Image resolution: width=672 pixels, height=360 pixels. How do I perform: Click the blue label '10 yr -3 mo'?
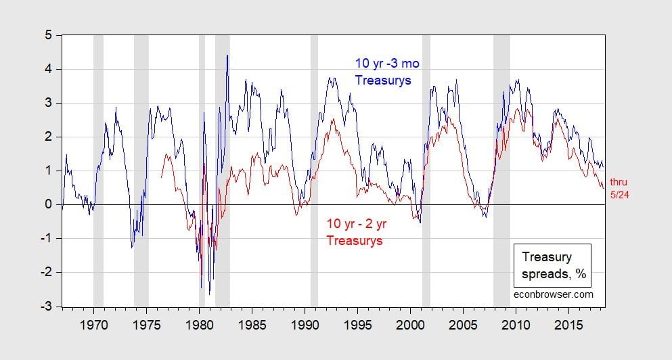(x=383, y=64)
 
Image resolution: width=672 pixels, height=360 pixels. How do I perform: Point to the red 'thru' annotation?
(x=619, y=181)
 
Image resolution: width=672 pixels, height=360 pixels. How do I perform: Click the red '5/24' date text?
(x=619, y=195)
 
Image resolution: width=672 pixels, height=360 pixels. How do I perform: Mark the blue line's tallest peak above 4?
(x=227, y=55)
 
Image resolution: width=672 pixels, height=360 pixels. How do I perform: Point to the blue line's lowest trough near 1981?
(x=210, y=294)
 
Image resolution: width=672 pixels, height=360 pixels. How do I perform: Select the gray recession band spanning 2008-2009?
(x=501, y=169)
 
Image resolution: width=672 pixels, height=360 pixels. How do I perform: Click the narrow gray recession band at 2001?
(x=426, y=169)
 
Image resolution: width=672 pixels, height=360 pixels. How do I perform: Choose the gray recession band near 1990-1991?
(x=314, y=169)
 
